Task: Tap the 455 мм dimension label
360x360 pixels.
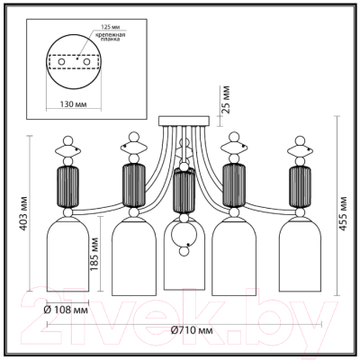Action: [x=342, y=216]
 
